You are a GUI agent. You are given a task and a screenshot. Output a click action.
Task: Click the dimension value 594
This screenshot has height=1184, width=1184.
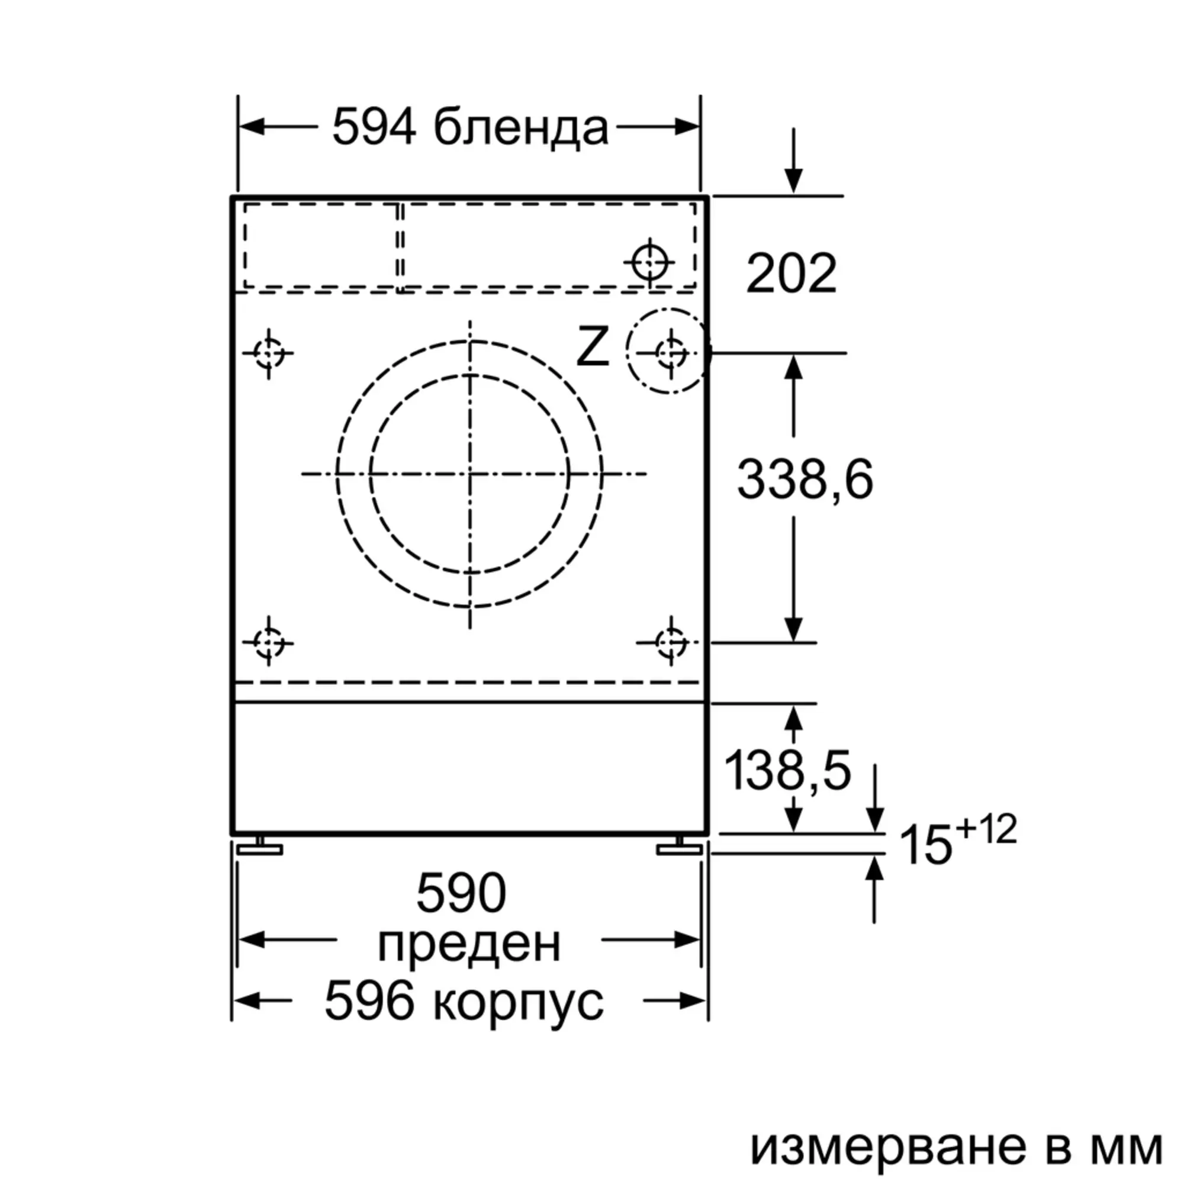coord(374,127)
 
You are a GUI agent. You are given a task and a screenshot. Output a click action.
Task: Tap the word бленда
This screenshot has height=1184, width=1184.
coord(522,127)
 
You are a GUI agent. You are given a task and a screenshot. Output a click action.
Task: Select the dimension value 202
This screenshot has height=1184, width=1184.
coord(791,274)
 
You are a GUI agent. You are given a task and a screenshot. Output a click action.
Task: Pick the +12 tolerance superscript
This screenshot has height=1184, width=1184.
coord(986,829)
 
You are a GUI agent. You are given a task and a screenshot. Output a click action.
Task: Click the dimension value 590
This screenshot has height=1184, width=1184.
coord(462,893)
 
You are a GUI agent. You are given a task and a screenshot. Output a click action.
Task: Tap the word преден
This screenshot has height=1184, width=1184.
coord(469,944)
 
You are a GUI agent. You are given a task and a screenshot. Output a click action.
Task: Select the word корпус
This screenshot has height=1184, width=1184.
coord(519,1003)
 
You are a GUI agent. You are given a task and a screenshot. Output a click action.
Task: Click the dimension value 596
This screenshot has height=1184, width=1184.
coord(369,1000)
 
